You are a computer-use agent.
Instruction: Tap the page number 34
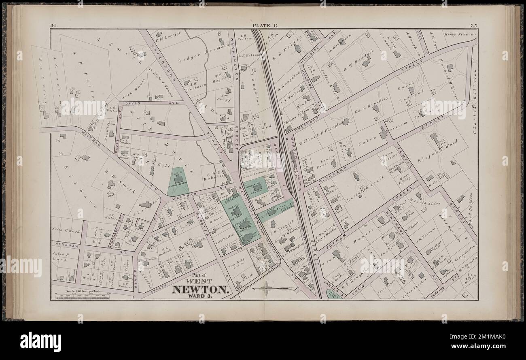tap(53, 26)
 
